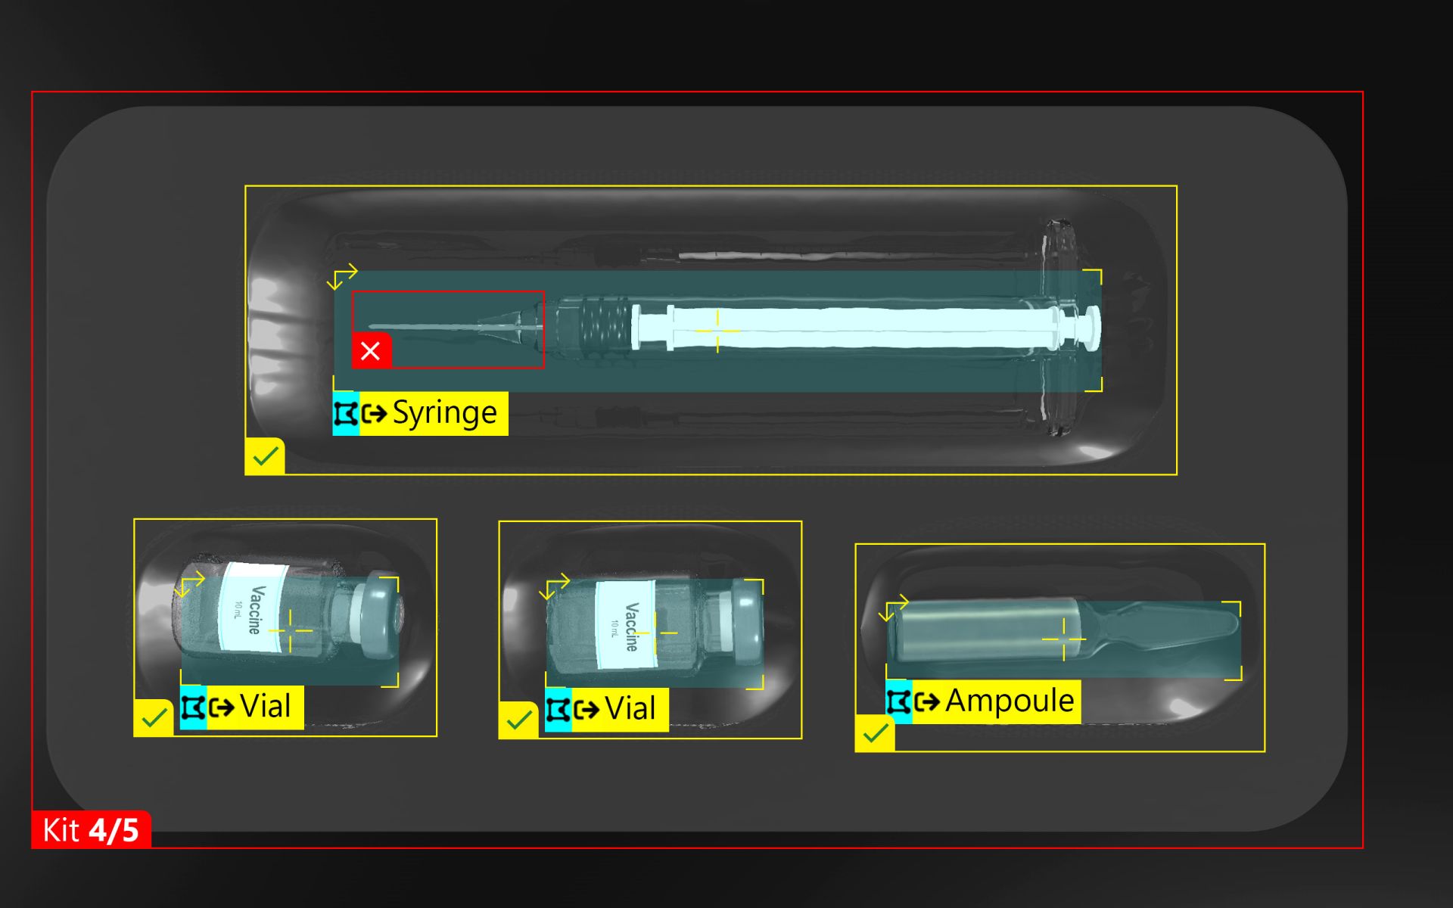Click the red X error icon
371,350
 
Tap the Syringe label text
444,413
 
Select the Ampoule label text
1010,701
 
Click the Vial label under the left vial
265,707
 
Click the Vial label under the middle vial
630,709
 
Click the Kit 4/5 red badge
91,830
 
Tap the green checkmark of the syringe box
265,456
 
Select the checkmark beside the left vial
154,717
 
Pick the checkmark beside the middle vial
518,720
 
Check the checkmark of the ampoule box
875,732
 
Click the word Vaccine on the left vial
256,609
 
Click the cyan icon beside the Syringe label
346,414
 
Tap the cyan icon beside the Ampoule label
899,701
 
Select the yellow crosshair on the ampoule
1064,639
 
